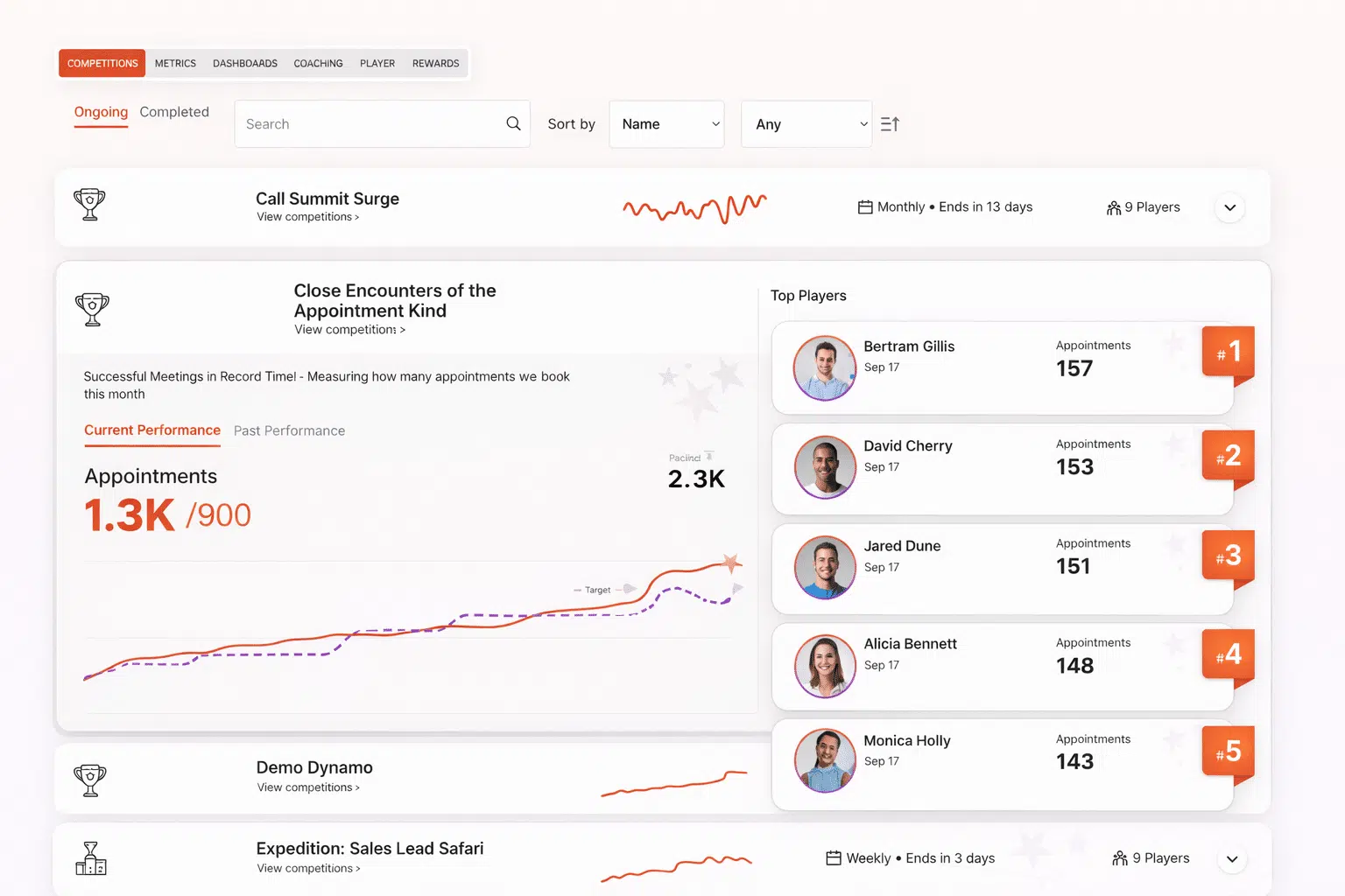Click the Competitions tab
[102, 63]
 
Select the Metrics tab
[175, 63]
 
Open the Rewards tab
[435, 63]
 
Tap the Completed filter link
[174, 112]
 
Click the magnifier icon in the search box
[513, 123]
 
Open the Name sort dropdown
[666, 124]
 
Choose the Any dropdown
[806, 124]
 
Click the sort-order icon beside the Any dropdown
[890, 124]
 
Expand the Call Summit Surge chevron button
[1229, 207]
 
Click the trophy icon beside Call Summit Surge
[89, 204]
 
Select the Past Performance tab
[289, 430]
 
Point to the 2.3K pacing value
[696, 479]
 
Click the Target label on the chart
[598, 590]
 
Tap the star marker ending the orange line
[729, 563]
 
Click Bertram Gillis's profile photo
[824, 367]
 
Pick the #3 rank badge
[1228, 556]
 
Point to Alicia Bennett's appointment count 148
[1074, 666]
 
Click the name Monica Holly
[906, 740]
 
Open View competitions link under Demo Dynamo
[307, 787]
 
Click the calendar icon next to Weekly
[834, 858]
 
